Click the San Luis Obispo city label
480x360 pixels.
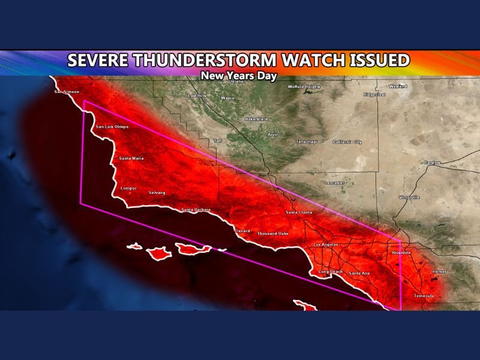point(113,127)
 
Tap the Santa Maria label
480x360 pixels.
point(131,158)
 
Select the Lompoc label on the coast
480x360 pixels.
point(129,188)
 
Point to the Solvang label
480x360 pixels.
point(157,193)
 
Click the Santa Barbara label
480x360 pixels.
point(196,209)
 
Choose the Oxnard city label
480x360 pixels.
point(242,230)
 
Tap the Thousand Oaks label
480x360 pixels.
point(272,233)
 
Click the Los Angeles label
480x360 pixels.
point(326,245)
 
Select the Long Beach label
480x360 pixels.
point(331,272)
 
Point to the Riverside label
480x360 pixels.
point(401,253)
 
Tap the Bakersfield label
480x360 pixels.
point(256,119)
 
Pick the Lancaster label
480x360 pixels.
point(334,182)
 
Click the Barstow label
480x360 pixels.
point(432,163)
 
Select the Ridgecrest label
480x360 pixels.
point(374,94)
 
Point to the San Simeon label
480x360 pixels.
point(67,92)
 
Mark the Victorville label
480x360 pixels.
point(410,197)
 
